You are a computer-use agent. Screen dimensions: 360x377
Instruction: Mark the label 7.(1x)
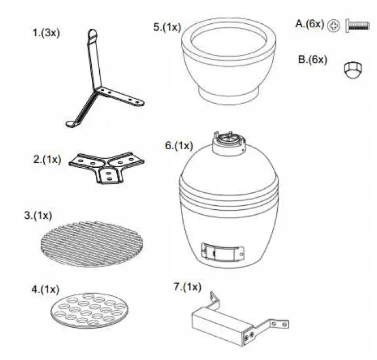click(187, 287)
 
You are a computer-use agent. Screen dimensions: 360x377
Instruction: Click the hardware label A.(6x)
click(310, 24)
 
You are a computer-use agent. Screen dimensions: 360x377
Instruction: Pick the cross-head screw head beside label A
click(334, 26)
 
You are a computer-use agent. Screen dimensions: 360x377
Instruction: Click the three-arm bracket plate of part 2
click(106, 166)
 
